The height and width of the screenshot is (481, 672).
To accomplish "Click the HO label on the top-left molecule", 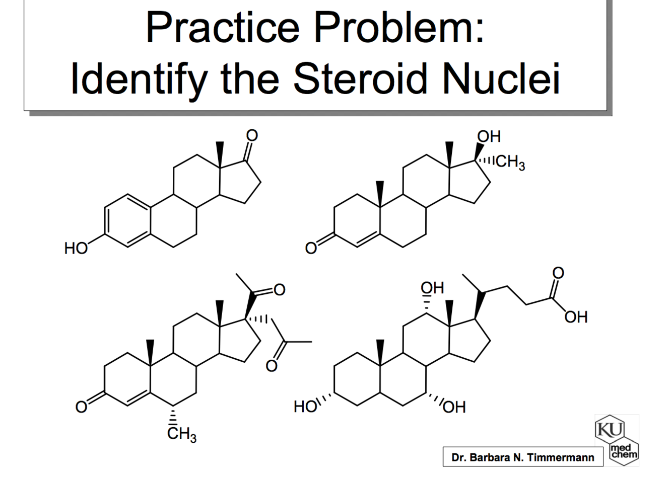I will [76, 248].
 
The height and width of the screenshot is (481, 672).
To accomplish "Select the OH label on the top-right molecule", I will [489, 136].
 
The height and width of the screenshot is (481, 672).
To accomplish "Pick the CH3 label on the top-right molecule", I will [510, 162].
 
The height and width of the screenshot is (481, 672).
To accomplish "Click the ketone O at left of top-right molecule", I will [311, 248].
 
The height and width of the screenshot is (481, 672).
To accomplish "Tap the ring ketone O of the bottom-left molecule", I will [81, 406].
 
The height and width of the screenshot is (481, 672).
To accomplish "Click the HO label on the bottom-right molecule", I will [306, 406].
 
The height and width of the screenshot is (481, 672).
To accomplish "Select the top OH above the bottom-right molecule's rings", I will [432, 288].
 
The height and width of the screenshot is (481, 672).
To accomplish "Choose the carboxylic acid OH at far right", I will [576, 317].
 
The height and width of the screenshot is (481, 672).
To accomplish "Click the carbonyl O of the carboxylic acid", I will [558, 272].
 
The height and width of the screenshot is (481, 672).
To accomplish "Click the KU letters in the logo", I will [610, 429].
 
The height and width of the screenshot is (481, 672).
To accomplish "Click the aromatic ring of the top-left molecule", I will [128, 220].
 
